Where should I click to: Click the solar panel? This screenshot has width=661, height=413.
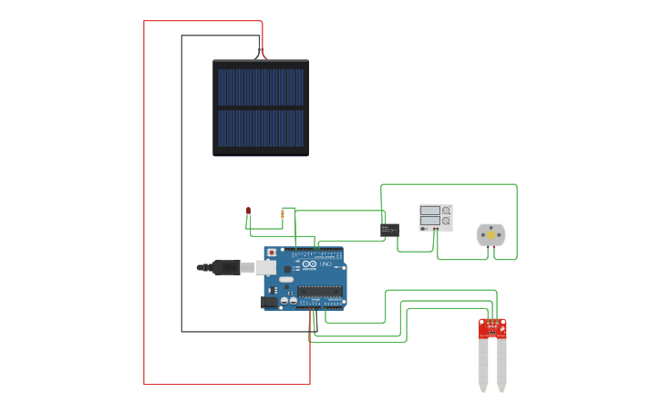[261, 108]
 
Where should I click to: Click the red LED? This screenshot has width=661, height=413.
[248, 211]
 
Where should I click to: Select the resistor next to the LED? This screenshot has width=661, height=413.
[283, 214]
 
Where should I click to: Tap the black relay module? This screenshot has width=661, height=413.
[389, 230]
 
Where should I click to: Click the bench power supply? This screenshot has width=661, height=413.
[436, 217]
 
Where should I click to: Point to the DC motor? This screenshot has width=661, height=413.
[491, 235]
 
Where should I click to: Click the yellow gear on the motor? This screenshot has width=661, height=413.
[491, 235]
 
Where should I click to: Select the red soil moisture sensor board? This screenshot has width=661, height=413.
[492, 327]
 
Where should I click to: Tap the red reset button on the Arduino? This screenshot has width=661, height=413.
[271, 253]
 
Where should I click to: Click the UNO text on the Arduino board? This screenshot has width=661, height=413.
[325, 263]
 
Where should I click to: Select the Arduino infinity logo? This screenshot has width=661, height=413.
[309, 263]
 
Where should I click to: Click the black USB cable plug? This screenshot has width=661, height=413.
[225, 267]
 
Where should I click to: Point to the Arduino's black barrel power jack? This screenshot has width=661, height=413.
[269, 302]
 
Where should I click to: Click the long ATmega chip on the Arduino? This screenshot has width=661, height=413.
[320, 292]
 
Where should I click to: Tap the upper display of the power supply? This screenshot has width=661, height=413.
[430, 211]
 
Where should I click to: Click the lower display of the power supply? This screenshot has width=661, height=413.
[430, 222]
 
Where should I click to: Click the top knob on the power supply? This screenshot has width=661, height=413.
[446, 211]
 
